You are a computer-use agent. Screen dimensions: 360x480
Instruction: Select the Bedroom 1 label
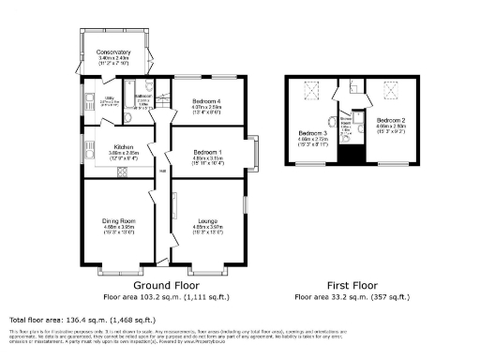click(x=206, y=152)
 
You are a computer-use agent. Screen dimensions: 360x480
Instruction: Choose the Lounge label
click(x=207, y=221)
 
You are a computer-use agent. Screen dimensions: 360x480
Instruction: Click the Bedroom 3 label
click(x=312, y=133)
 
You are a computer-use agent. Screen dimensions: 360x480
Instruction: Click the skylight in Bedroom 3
click(x=312, y=90)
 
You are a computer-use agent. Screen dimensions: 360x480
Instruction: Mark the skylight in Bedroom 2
click(x=391, y=89)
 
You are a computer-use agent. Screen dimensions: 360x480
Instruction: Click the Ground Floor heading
click(x=165, y=285)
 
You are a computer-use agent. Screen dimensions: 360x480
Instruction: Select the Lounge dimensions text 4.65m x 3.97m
click(x=207, y=227)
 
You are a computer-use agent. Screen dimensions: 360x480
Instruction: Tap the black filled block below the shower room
click(x=352, y=155)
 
